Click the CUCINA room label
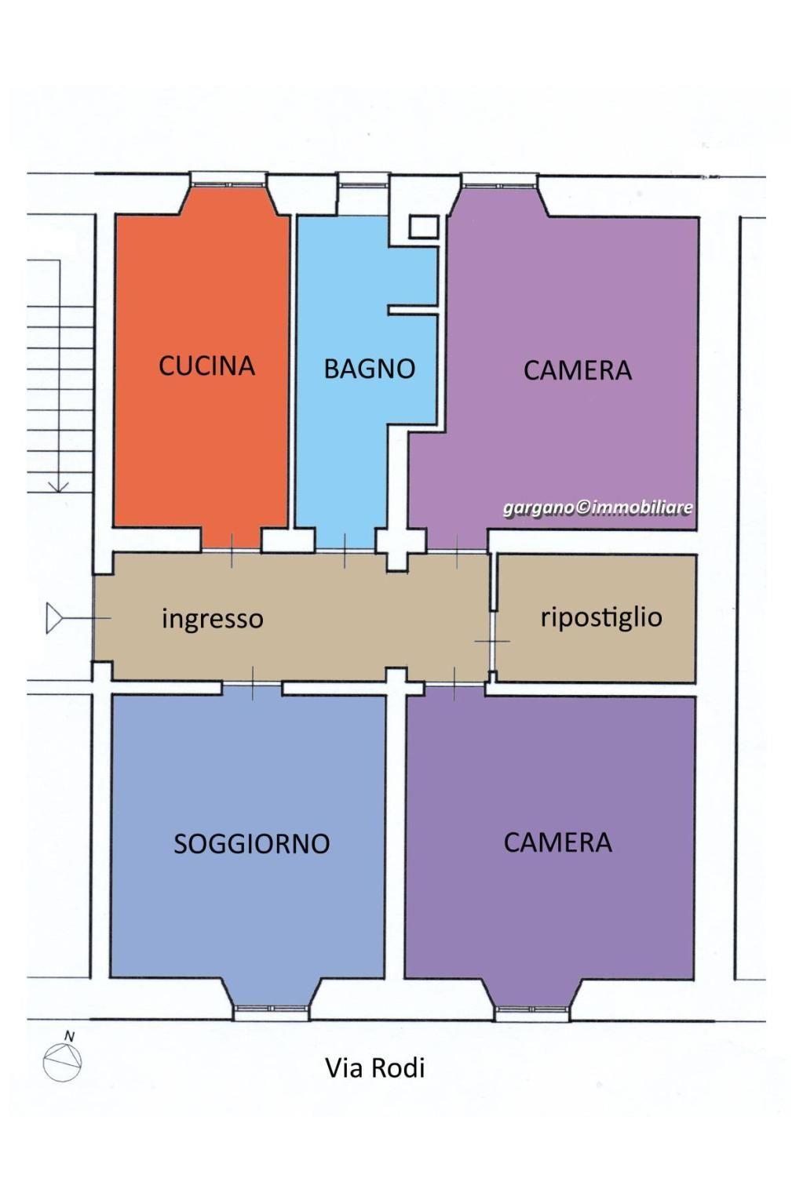tap(206, 366)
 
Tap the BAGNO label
tap(370, 369)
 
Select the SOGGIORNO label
tap(252, 844)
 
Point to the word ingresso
tap(213, 619)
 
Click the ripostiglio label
tap(601, 617)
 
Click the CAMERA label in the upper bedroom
tap(578, 370)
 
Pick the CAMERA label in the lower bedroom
tap(558, 842)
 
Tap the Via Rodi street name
tap(375, 1068)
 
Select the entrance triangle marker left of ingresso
tap(54, 618)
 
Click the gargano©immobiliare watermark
tap(598, 508)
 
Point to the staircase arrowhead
tap(59, 486)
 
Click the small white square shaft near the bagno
tap(424, 227)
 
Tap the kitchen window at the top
tap(229, 182)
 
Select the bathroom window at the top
tap(363, 182)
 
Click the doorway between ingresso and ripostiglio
tap(492, 642)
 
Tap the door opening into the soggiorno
tap(252, 683)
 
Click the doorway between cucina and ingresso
tap(232, 550)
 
